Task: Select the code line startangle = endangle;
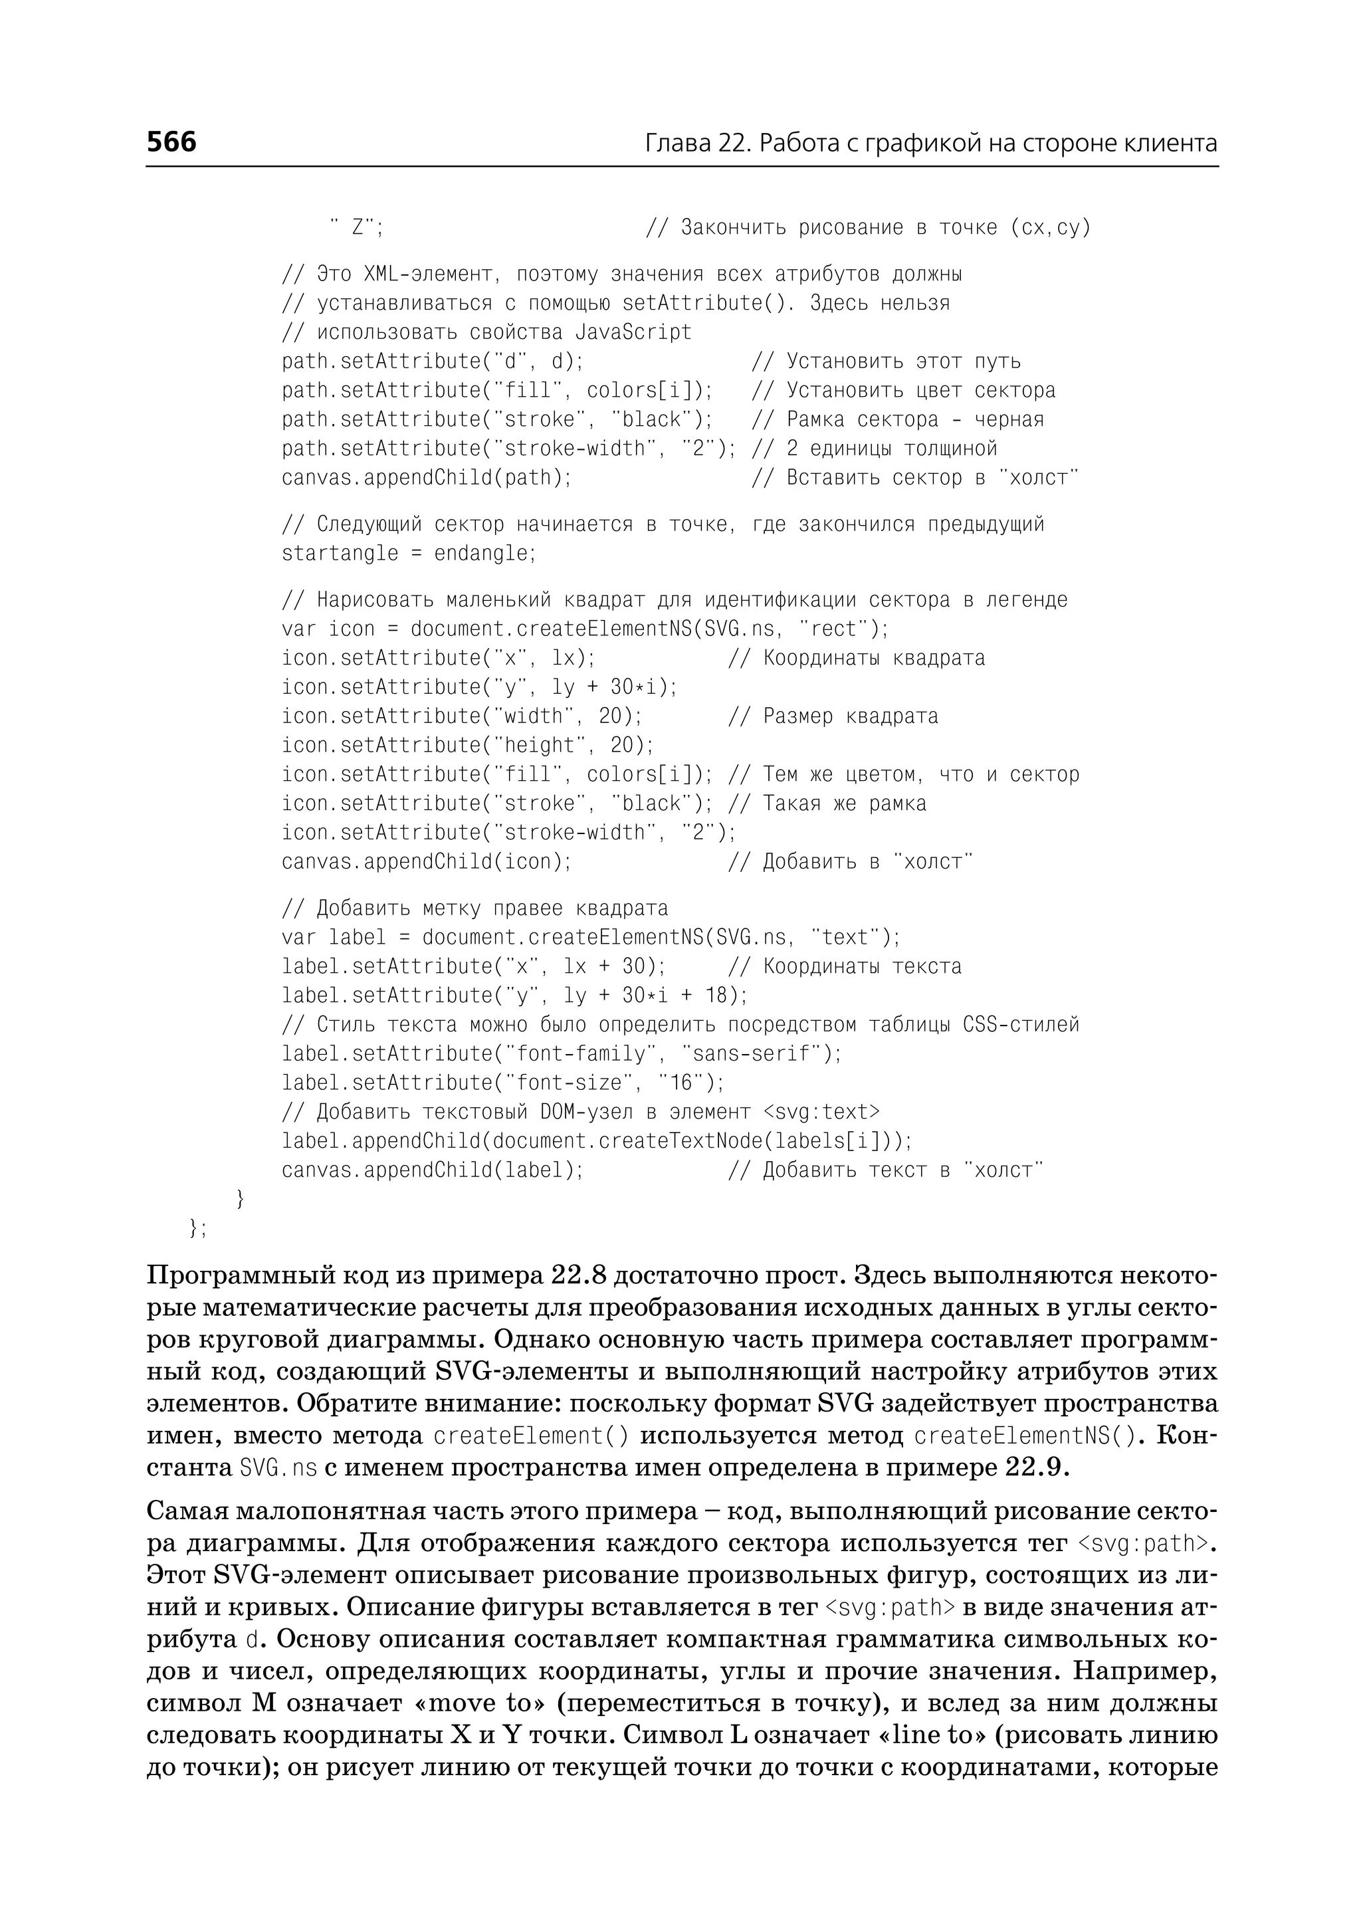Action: pos(408,553)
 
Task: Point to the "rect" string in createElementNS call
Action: pos(838,629)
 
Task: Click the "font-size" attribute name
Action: pos(561,1083)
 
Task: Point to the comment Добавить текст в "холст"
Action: pos(902,1170)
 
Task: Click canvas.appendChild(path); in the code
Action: pos(427,478)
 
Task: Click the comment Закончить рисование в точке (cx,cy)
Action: pos(885,227)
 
